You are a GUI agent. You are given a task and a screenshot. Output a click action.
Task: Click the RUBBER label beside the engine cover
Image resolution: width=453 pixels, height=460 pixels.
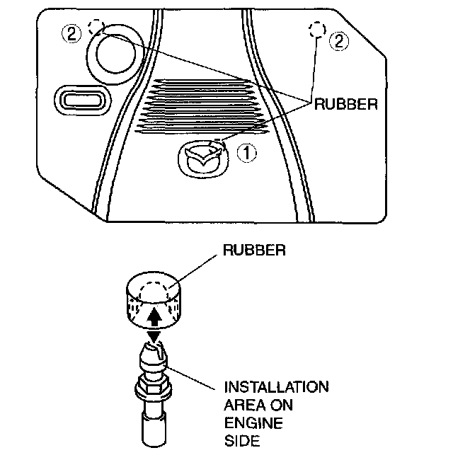(346, 104)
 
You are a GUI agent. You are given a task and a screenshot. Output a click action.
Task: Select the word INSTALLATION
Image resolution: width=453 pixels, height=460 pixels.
(276, 388)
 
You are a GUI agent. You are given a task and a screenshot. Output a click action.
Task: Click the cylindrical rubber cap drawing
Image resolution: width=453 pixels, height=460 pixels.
(154, 300)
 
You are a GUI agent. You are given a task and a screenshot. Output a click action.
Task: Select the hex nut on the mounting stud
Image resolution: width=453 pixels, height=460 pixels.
(153, 388)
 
